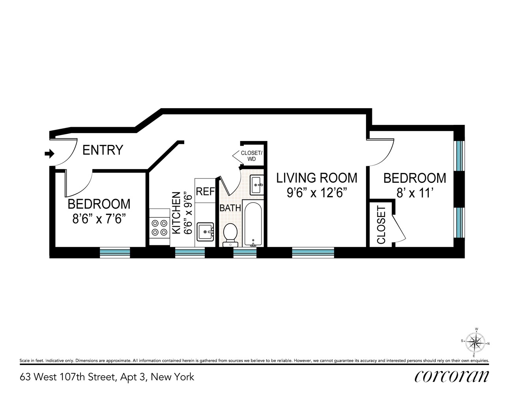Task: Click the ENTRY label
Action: (x=103, y=150)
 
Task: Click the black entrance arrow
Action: (x=49, y=154)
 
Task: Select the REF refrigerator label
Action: (x=205, y=192)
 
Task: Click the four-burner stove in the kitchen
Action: (x=159, y=228)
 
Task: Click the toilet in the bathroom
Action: (x=230, y=234)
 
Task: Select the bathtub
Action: (x=252, y=224)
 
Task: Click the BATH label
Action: (x=230, y=208)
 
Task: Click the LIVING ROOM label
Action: (x=317, y=178)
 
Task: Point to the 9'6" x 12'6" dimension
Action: (x=317, y=193)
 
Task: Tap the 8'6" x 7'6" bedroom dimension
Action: (x=99, y=218)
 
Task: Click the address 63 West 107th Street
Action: (x=107, y=377)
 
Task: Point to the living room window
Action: (x=313, y=252)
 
